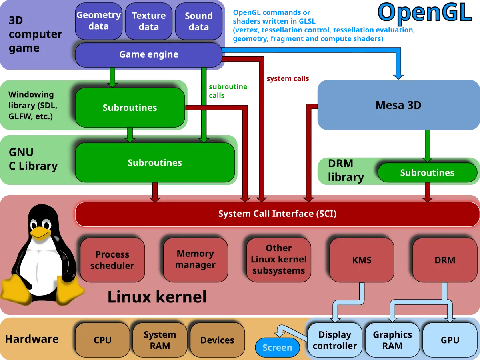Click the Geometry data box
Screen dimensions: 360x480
[x=98, y=21]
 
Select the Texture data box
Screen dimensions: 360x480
[x=149, y=21]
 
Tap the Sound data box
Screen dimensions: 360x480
[x=199, y=21]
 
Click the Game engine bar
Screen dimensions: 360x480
[x=148, y=54]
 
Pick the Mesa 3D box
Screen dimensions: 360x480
[x=398, y=106]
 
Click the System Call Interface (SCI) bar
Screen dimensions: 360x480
[x=277, y=214]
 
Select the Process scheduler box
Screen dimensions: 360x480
[x=112, y=260]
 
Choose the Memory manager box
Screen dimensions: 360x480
[x=195, y=260]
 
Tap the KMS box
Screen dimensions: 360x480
[x=362, y=260]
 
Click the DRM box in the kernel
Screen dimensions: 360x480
[x=445, y=260]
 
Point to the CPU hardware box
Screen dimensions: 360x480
[x=102, y=340]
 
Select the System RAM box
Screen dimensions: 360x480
[x=160, y=340]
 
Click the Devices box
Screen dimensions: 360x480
[x=217, y=340]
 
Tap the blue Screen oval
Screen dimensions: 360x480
[x=277, y=348]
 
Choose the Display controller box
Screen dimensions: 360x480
[x=335, y=340]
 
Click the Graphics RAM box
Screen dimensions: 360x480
[x=392, y=340]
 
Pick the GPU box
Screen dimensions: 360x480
[x=450, y=340]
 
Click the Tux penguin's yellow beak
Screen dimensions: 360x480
[x=40, y=232]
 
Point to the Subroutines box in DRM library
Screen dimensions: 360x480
[x=427, y=173]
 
